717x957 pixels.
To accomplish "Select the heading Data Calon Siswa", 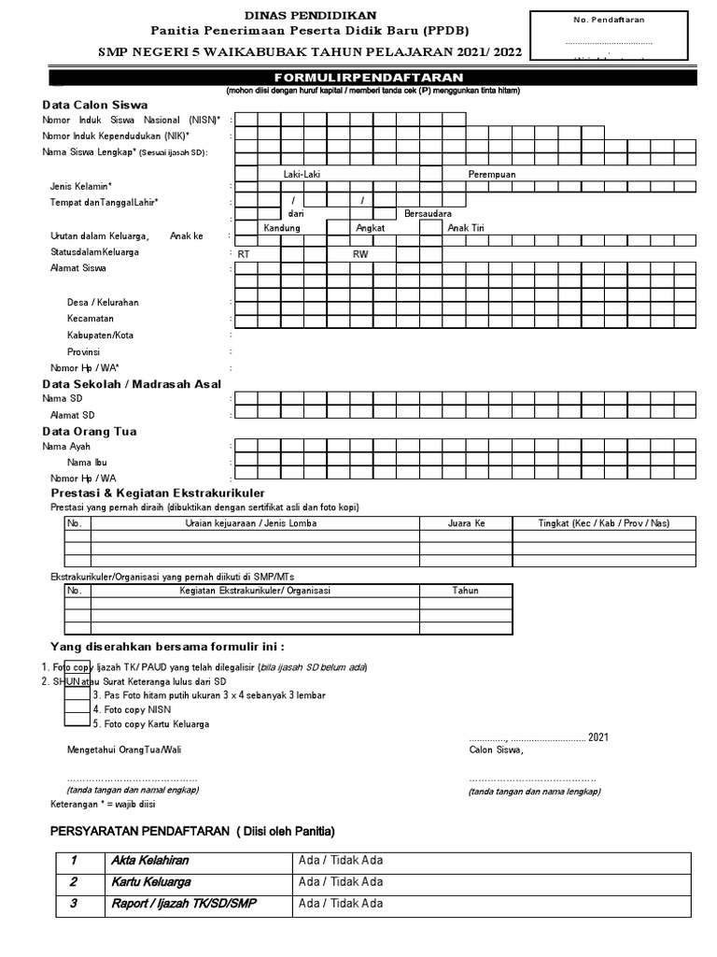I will point(95,105).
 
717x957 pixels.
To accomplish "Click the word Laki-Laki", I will point(302,175).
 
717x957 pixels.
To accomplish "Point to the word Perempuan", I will point(492,175).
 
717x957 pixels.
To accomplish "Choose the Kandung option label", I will point(282,228).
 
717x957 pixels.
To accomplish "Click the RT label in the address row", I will point(244,254).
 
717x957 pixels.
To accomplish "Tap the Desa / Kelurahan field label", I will point(103,303).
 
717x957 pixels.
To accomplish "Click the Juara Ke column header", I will point(466,523).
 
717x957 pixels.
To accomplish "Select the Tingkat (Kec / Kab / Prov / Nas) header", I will point(603,523).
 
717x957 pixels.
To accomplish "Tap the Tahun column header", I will point(465,591).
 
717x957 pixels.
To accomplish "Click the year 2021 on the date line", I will point(597,737).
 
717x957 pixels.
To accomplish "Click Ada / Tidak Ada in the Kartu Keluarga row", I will point(340,882).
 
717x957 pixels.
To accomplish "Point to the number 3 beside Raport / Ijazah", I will point(73,904).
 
